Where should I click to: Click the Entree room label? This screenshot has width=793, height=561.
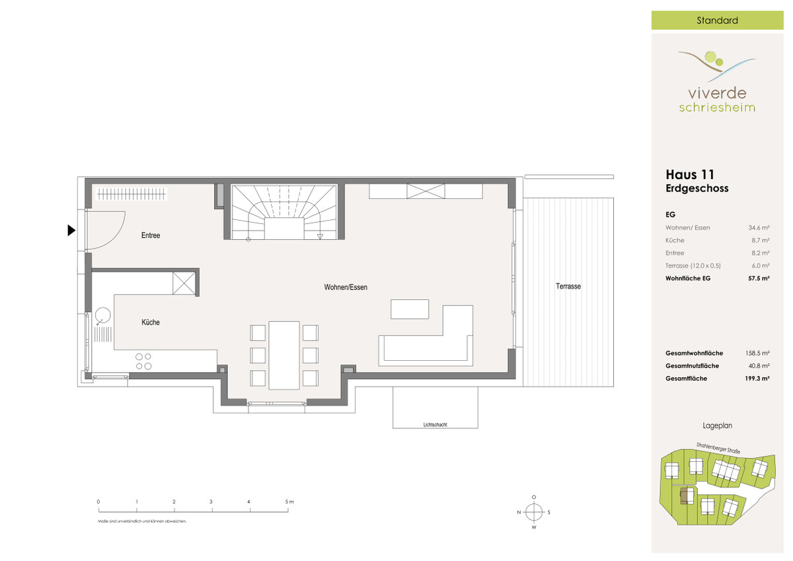coord(151,235)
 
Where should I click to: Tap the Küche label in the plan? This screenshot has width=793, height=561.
coord(151,322)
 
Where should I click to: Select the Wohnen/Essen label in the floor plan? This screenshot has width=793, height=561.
coord(346,287)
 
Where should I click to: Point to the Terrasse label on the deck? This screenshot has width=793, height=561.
coord(568,286)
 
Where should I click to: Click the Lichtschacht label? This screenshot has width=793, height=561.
coord(435,425)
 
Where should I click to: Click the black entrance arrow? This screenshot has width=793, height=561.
coord(71,231)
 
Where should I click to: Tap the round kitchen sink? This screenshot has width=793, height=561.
coord(102,315)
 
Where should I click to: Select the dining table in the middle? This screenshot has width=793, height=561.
coord(284,355)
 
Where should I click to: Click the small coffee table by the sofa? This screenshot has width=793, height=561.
coord(410,309)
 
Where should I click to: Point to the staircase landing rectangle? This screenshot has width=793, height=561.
coord(284,229)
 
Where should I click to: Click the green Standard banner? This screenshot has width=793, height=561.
coord(717,20)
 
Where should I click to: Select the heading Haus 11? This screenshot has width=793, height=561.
coord(690,175)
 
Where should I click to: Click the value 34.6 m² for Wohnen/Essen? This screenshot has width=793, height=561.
coord(759,227)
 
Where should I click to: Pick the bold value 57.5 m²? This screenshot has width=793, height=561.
coord(759,278)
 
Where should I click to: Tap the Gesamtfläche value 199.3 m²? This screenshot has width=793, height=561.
coord(757,379)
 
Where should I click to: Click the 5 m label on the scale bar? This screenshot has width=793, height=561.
coord(289,502)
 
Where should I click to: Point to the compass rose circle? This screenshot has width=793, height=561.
coord(534,512)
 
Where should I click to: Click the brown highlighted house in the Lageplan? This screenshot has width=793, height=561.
coord(687,495)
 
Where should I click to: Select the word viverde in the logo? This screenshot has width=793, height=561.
coord(717,93)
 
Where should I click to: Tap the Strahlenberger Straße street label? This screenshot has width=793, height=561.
coord(718,448)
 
